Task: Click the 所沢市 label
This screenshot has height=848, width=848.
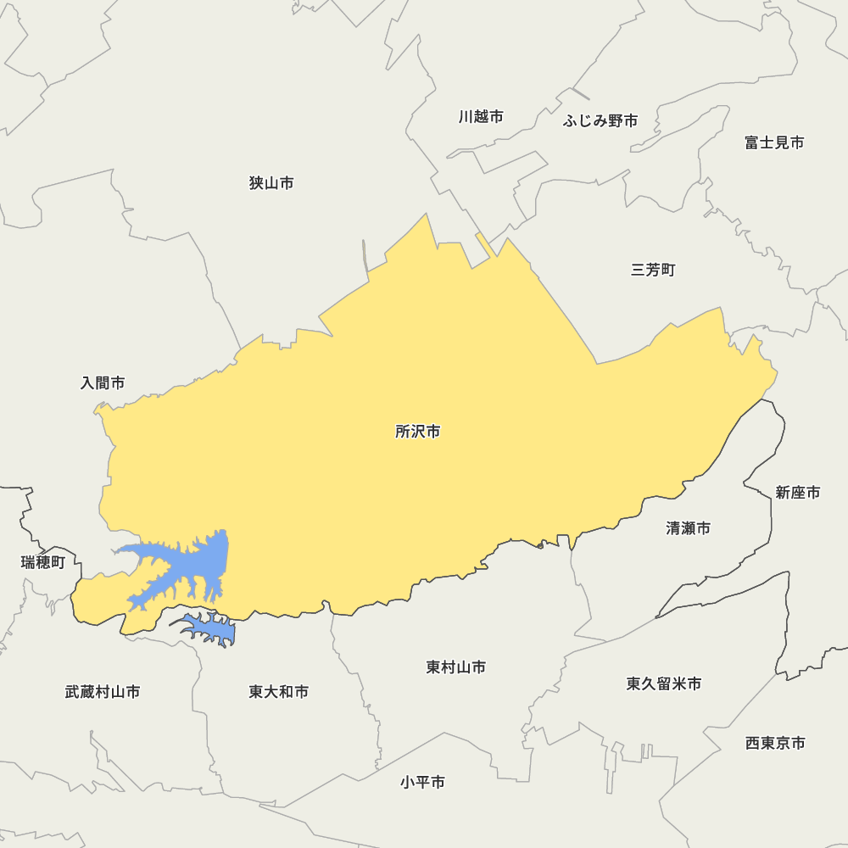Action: click(418, 432)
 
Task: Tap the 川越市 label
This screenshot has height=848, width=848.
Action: click(481, 117)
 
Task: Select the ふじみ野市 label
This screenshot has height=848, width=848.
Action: click(600, 121)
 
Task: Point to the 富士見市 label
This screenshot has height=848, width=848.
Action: click(774, 142)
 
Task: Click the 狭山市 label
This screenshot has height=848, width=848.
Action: click(271, 183)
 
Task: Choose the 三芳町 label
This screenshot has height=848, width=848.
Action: click(653, 271)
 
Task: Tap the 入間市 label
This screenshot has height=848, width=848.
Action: click(103, 383)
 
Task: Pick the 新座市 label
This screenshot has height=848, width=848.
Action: click(798, 493)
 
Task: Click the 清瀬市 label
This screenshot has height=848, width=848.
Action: click(688, 528)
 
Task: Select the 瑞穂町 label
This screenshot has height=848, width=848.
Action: click(43, 562)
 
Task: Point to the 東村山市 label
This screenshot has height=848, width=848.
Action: click(456, 667)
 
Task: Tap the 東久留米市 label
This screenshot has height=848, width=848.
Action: click(664, 683)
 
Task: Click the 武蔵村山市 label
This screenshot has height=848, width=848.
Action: click(103, 692)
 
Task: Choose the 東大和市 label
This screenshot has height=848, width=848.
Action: click(279, 692)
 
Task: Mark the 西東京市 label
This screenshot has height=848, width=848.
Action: click(775, 743)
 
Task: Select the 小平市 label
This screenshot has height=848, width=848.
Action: click(423, 783)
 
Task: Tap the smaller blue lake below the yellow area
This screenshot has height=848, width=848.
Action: click(210, 628)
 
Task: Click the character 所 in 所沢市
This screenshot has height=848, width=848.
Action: click(403, 432)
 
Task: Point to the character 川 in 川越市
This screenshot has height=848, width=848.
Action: click(466, 117)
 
